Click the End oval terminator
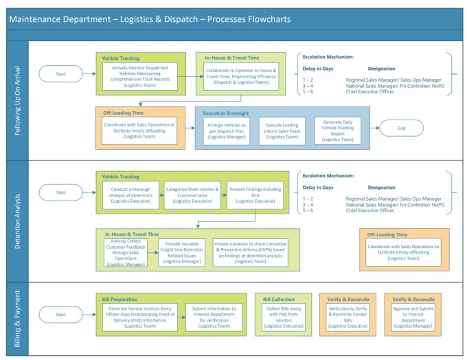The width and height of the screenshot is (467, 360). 402,128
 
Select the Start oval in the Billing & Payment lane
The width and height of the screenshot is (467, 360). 61,315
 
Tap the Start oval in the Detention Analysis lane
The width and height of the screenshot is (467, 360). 61,192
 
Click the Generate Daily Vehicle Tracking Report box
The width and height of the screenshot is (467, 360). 337,131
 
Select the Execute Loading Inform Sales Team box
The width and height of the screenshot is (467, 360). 282,131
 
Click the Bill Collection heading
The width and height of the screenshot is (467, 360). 279,299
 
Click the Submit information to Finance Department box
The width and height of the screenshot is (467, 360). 213,317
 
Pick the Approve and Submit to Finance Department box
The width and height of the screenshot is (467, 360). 413,317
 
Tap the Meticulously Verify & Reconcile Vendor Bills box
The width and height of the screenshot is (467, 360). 348,317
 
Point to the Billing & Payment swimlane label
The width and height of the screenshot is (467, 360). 18,318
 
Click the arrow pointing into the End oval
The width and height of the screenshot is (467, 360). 371,128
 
